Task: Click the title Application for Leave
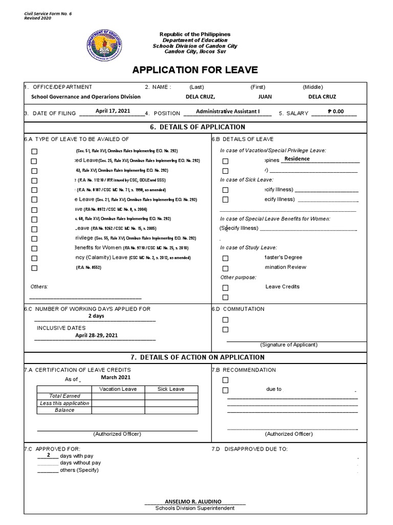[195, 70]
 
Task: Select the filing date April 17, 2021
[113, 111]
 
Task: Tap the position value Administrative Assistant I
[228, 111]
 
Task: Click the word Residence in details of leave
[297, 159]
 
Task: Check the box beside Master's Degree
[226, 258]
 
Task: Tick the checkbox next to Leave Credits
[226, 288]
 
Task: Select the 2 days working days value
[96, 316]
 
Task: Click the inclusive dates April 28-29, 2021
[96, 335]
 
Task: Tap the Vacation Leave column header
[118, 389]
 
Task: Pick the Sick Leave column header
[171, 389]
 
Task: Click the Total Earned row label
[64, 396]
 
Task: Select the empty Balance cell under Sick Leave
[171, 410]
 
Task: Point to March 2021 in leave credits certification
[115, 377]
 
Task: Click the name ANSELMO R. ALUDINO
[195, 501]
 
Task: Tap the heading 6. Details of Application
[195, 127]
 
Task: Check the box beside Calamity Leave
[34, 258]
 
